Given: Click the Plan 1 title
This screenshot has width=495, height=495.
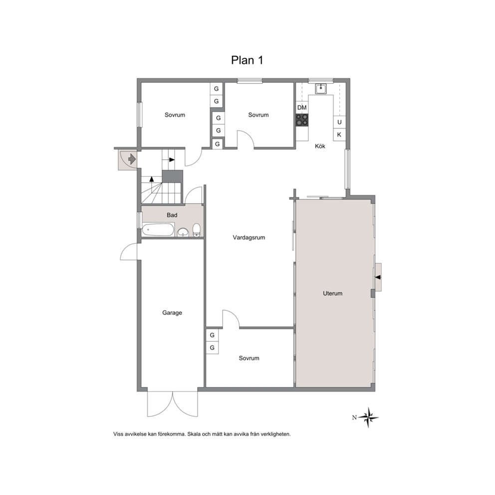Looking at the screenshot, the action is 247,60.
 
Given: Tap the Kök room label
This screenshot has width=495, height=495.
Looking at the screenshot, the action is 320,146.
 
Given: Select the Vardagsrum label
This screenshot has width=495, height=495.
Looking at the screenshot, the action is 249,238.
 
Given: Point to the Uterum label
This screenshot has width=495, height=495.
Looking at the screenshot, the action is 332,293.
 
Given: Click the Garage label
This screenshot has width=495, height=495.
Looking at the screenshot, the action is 172,312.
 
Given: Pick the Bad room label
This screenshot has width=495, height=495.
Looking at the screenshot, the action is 172,215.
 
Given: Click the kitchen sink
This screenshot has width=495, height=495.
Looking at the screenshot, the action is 321,89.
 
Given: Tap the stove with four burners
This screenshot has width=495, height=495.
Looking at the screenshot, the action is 302,120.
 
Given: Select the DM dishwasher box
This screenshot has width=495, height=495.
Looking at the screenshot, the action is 302,107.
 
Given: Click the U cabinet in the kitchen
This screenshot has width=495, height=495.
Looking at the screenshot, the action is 339,122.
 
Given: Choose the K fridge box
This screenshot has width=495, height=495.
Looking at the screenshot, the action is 339,135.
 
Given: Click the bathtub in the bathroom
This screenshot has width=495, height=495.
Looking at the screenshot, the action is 158,230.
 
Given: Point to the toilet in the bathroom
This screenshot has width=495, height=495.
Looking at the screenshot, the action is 197,230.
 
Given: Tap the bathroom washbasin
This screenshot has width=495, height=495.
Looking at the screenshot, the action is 183,233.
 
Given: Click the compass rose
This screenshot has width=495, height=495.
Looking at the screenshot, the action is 368,417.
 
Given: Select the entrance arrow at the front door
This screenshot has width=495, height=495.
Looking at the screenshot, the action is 132,159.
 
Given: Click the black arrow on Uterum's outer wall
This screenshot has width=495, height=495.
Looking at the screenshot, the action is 378,277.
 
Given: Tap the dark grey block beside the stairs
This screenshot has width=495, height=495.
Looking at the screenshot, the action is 172,176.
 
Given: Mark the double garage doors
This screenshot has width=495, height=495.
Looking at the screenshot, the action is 172,404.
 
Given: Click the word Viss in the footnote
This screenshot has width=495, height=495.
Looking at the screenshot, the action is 118,434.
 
